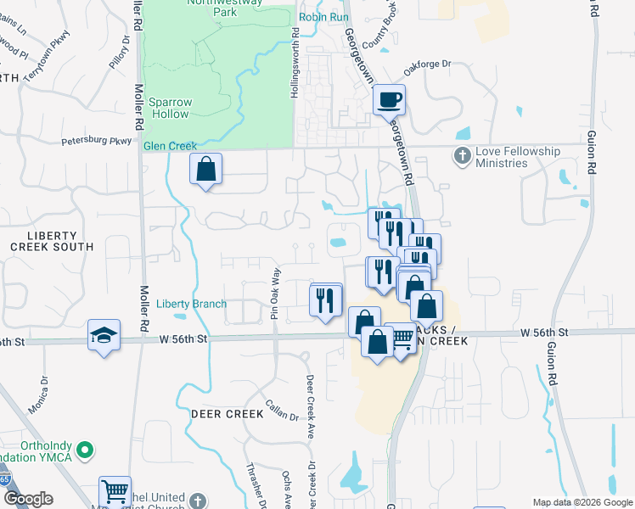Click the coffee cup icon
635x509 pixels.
coord(390,100)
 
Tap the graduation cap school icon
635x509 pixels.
coord(104,336)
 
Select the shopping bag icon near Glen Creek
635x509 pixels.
coord(205,170)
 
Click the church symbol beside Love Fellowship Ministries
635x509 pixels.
coord(462,155)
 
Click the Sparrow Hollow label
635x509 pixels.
coord(171,108)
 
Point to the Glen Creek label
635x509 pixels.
coord(170,146)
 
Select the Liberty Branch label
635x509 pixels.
coord(192,304)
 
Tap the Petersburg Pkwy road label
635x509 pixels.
coord(97,142)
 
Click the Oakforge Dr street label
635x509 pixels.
coord(424,66)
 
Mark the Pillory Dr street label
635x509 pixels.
coord(119,53)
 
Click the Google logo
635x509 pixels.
coord(27,499)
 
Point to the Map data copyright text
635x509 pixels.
coord(582,502)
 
